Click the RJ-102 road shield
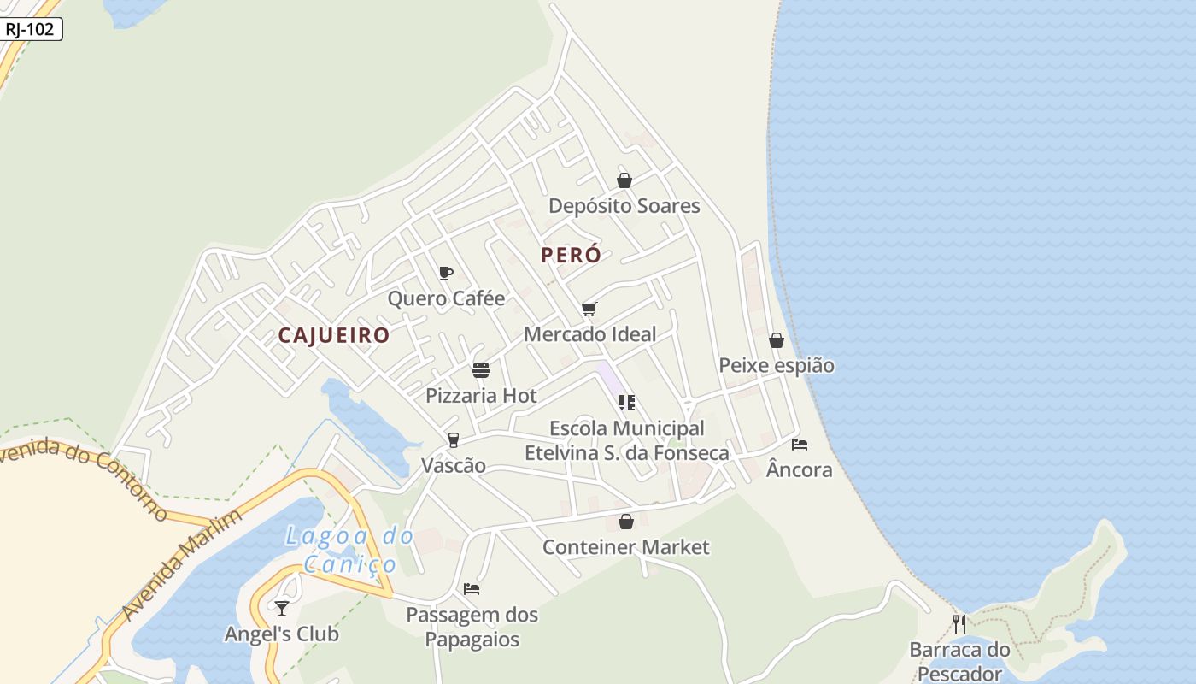30,29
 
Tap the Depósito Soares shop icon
624,180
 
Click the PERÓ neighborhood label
572,255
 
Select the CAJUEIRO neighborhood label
334,335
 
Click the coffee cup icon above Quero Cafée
445,274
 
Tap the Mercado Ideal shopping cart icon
589,309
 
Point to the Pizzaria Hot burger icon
481,370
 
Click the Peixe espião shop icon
776,340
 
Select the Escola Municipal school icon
627,403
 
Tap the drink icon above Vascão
453,440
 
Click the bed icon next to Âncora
800,444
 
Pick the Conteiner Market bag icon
626,522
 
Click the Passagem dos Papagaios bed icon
472,588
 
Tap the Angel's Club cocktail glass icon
282,608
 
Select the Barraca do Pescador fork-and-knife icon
959,623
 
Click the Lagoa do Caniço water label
349,550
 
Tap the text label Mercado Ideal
589,334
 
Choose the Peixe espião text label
776,365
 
